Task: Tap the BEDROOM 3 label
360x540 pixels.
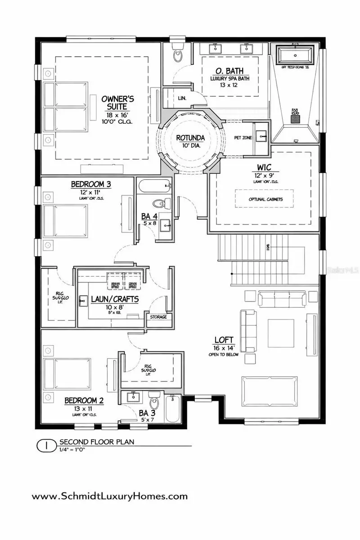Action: (x=91, y=184)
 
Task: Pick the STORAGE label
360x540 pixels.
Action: (x=158, y=317)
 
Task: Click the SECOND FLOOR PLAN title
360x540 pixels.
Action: (x=96, y=442)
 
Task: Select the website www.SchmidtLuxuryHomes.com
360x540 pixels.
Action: (x=109, y=496)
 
